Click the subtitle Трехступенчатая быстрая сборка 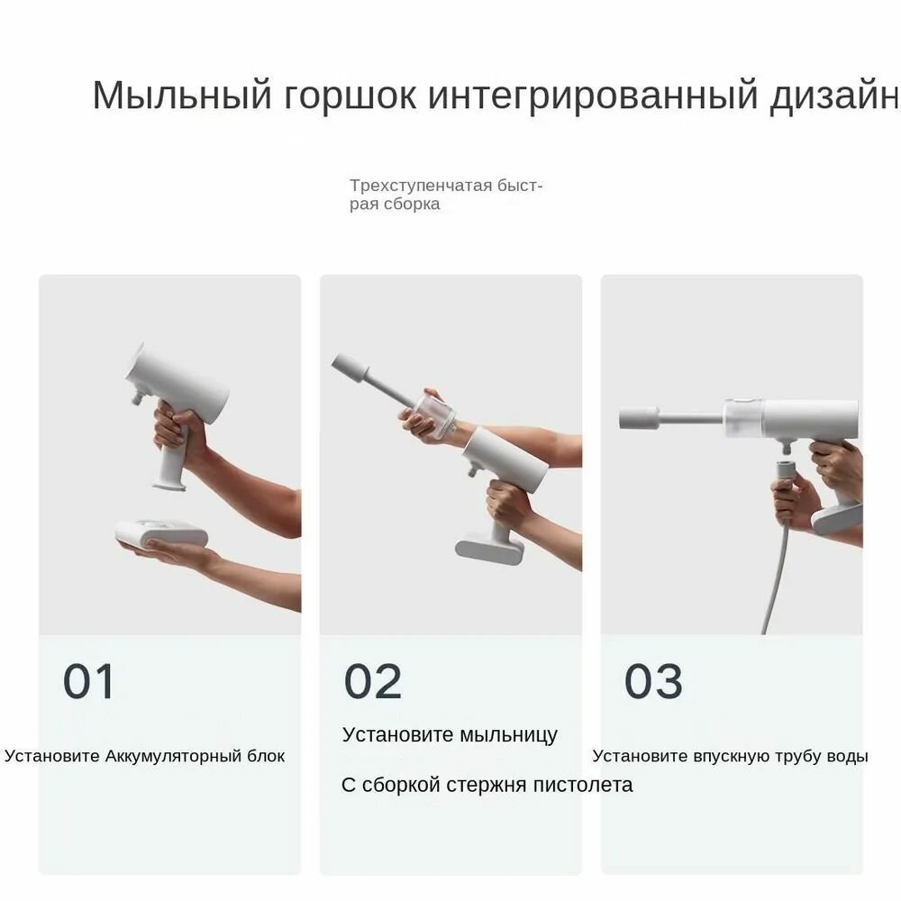pos(445,195)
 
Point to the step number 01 pos(88,682)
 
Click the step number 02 pos(372,682)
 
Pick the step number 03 pos(653,682)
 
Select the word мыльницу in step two pos(508,734)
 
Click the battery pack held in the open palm pos(162,534)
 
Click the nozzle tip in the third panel pos(639,418)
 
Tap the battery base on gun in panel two pos(489,546)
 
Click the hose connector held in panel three pos(786,473)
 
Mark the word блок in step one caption pos(266,756)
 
